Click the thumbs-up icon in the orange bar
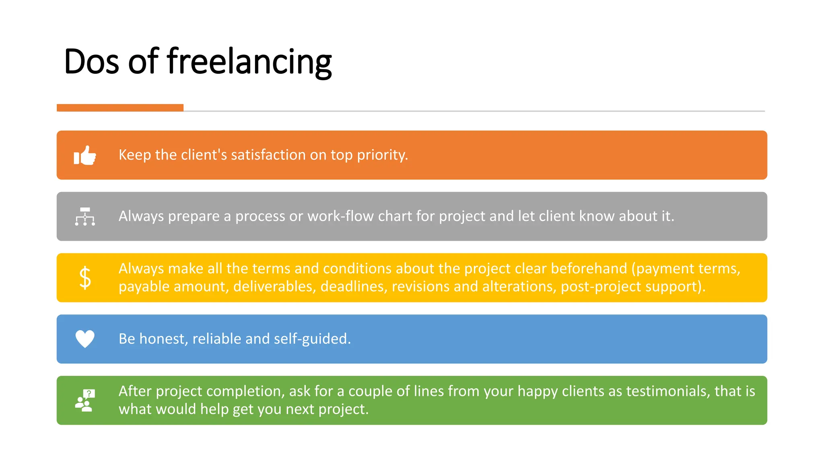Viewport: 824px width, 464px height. click(x=85, y=155)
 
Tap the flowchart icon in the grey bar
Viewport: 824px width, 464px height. click(x=85, y=216)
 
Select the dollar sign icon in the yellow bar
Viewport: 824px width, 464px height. click(x=85, y=278)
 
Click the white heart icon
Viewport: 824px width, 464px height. click(x=85, y=339)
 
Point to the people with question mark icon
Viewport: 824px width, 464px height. click(x=85, y=400)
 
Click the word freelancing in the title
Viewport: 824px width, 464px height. click(x=249, y=62)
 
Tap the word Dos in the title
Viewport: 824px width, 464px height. click(x=92, y=62)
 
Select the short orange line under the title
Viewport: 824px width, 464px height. click(x=120, y=108)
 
